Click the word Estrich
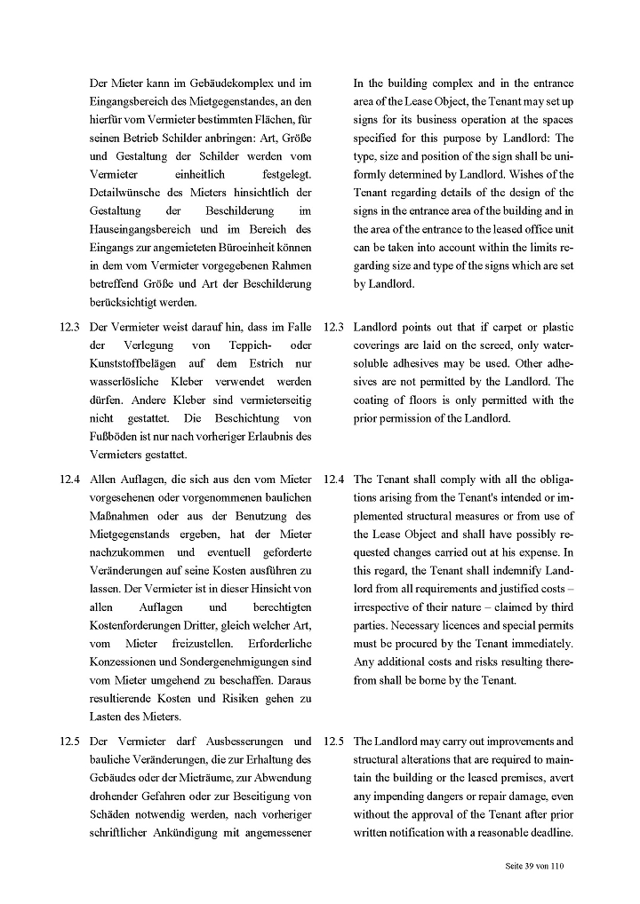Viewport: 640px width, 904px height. click(248, 362)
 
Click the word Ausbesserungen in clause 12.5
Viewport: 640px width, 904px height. click(252, 741)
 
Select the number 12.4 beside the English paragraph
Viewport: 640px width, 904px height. click(333, 479)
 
